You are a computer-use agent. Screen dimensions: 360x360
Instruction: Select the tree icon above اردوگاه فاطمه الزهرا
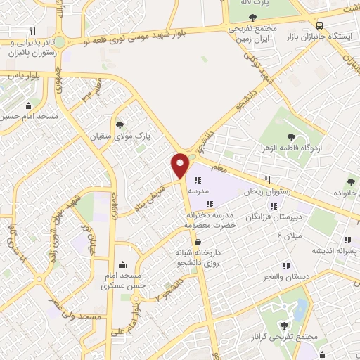tap(292, 136)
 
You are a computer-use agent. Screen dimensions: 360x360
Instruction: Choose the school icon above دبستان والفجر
tap(286, 266)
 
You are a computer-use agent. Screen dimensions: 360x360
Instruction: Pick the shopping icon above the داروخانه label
tap(198, 242)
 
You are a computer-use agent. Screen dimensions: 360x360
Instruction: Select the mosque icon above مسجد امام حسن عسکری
tap(124, 265)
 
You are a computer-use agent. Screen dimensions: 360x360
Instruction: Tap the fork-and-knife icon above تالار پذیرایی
tap(32, 31)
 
